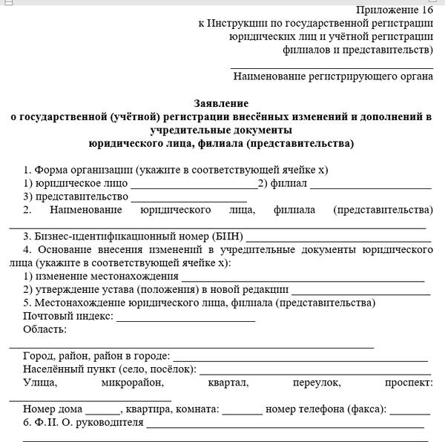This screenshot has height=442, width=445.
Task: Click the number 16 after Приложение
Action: [426, 10]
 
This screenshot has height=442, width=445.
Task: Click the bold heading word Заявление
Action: [221, 103]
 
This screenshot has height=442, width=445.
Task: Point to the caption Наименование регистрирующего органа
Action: [332, 76]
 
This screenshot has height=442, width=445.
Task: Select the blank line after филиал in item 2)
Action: [371, 184]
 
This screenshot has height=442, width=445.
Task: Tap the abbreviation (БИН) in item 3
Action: [217, 237]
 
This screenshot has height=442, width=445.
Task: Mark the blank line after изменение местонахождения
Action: [303, 277]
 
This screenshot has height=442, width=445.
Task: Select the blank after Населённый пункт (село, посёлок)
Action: [314, 370]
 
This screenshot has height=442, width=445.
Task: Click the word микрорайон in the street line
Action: [132, 383]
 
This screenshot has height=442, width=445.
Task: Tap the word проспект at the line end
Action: [409, 383]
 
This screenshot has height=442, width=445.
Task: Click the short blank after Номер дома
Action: [102, 410]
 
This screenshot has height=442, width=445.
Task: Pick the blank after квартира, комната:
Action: [242, 410]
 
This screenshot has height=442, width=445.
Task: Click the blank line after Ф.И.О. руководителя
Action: [285, 424]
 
